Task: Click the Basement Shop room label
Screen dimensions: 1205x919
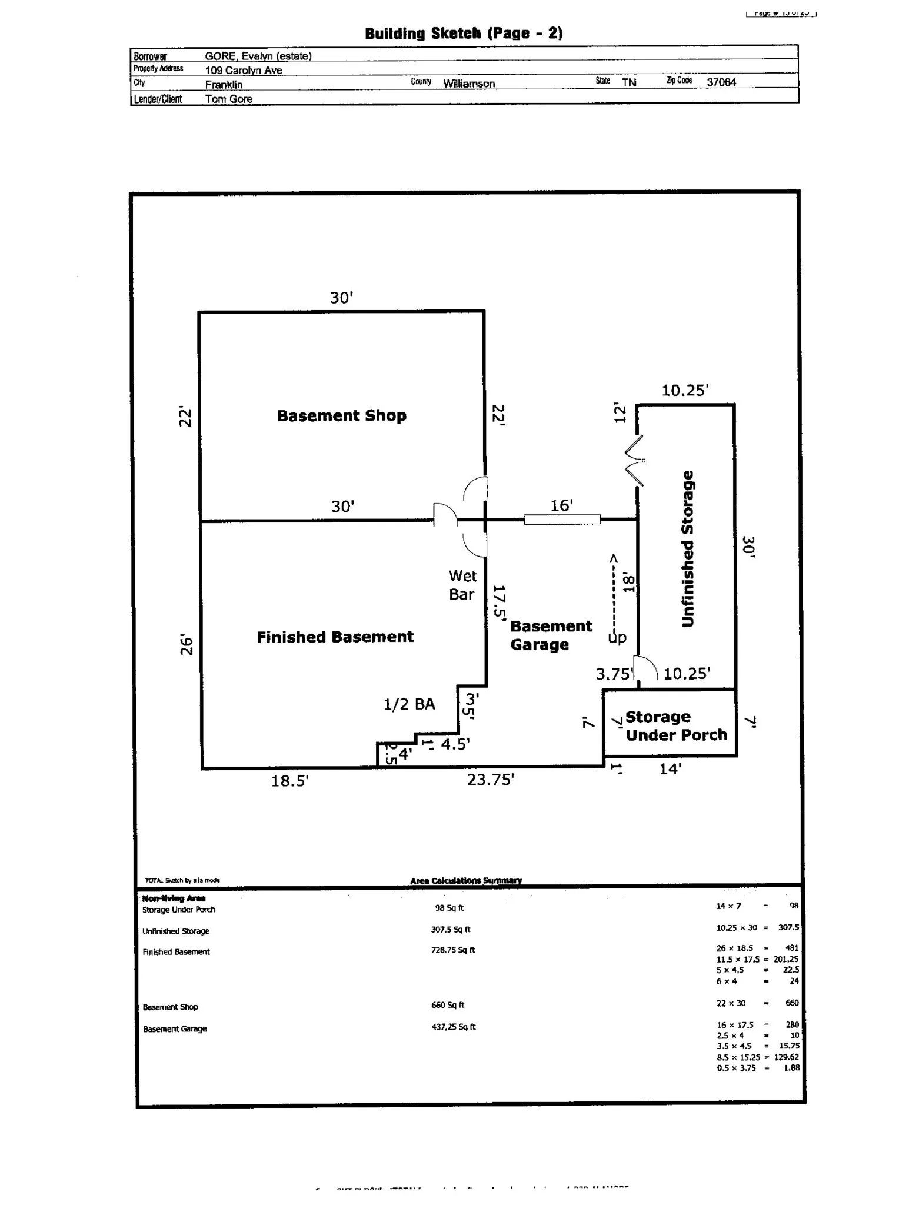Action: [341, 416]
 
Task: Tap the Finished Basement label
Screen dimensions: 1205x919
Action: [335, 637]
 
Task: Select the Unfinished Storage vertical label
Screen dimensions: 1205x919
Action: [688, 548]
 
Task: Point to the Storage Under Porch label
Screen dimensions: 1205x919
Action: [675, 726]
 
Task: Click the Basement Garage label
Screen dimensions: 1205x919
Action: [551, 635]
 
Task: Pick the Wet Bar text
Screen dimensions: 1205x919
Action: [462, 585]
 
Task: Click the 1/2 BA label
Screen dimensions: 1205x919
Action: [409, 704]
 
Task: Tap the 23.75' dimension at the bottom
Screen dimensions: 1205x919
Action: [491, 780]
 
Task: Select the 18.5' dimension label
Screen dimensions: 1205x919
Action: [289, 781]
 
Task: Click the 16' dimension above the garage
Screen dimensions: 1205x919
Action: [561, 505]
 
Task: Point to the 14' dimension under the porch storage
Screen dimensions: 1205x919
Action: [670, 769]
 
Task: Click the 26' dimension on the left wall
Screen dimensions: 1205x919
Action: [186, 645]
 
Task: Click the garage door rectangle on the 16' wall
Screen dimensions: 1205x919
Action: [562, 520]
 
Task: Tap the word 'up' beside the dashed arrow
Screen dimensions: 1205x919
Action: [617, 638]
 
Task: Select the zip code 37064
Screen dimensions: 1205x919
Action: [721, 82]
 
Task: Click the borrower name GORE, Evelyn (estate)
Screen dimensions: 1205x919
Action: [258, 56]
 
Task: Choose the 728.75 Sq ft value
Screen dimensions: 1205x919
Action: [452, 950]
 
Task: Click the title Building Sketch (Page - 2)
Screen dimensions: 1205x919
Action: [464, 34]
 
